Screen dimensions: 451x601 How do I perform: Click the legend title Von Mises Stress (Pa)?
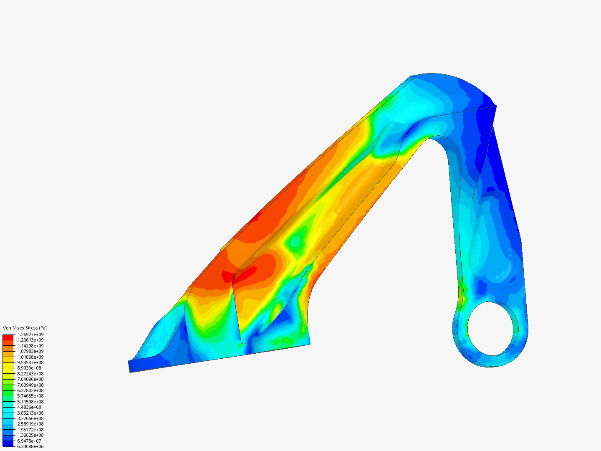(x=25, y=328)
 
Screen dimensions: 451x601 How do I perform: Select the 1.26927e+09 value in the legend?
(x=30, y=334)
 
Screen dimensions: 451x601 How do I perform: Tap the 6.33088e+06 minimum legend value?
(x=30, y=446)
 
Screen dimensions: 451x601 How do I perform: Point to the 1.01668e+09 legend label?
(x=30, y=357)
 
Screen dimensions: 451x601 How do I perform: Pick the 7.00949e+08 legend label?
(x=30, y=385)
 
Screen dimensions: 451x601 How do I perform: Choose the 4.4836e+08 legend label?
(x=29, y=407)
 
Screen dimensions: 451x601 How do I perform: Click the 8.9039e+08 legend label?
(x=29, y=368)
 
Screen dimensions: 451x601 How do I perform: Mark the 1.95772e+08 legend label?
(x=30, y=430)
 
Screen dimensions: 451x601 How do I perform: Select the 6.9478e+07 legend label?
(x=29, y=441)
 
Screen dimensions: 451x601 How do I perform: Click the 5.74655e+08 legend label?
(x=30, y=396)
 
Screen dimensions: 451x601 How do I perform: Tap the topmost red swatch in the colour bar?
(x=8, y=337)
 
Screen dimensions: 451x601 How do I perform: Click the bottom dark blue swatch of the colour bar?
(x=8, y=443)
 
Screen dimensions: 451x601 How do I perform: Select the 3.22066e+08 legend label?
(x=30, y=418)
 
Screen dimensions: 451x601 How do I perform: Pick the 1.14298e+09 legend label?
(x=30, y=346)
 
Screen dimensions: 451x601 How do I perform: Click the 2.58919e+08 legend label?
(x=30, y=424)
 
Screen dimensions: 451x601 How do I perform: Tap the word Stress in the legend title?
(x=31, y=328)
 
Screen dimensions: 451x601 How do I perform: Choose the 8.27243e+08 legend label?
(x=30, y=374)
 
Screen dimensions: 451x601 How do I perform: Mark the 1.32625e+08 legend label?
(x=30, y=435)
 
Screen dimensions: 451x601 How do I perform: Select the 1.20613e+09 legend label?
(x=30, y=340)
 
